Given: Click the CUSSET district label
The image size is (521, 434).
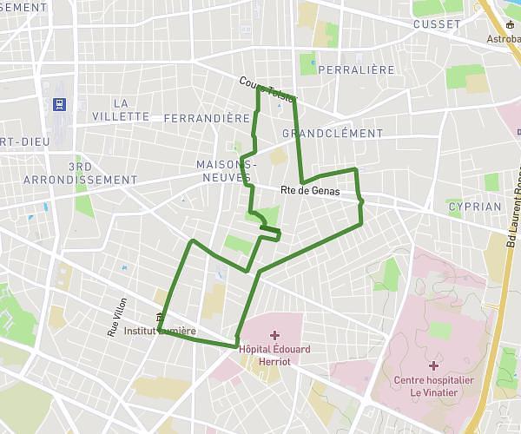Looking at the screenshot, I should tap(438, 24).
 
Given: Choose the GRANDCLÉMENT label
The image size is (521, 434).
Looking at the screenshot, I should tap(333, 134).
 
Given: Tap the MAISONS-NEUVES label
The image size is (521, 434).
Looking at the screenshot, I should tap(227, 170).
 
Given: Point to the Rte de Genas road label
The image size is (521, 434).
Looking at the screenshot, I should tap(310, 191).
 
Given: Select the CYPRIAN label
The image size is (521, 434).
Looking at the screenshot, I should tap(475, 207).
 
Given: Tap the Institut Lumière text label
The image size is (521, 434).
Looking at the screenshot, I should tap(160, 332).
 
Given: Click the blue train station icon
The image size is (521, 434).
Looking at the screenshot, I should tap(59, 105).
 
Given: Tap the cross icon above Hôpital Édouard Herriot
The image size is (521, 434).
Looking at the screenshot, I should tap(274, 335).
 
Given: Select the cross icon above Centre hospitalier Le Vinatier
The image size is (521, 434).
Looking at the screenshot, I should tap(433, 365).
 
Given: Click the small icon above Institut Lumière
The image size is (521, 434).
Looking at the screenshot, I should tap(160, 318).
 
